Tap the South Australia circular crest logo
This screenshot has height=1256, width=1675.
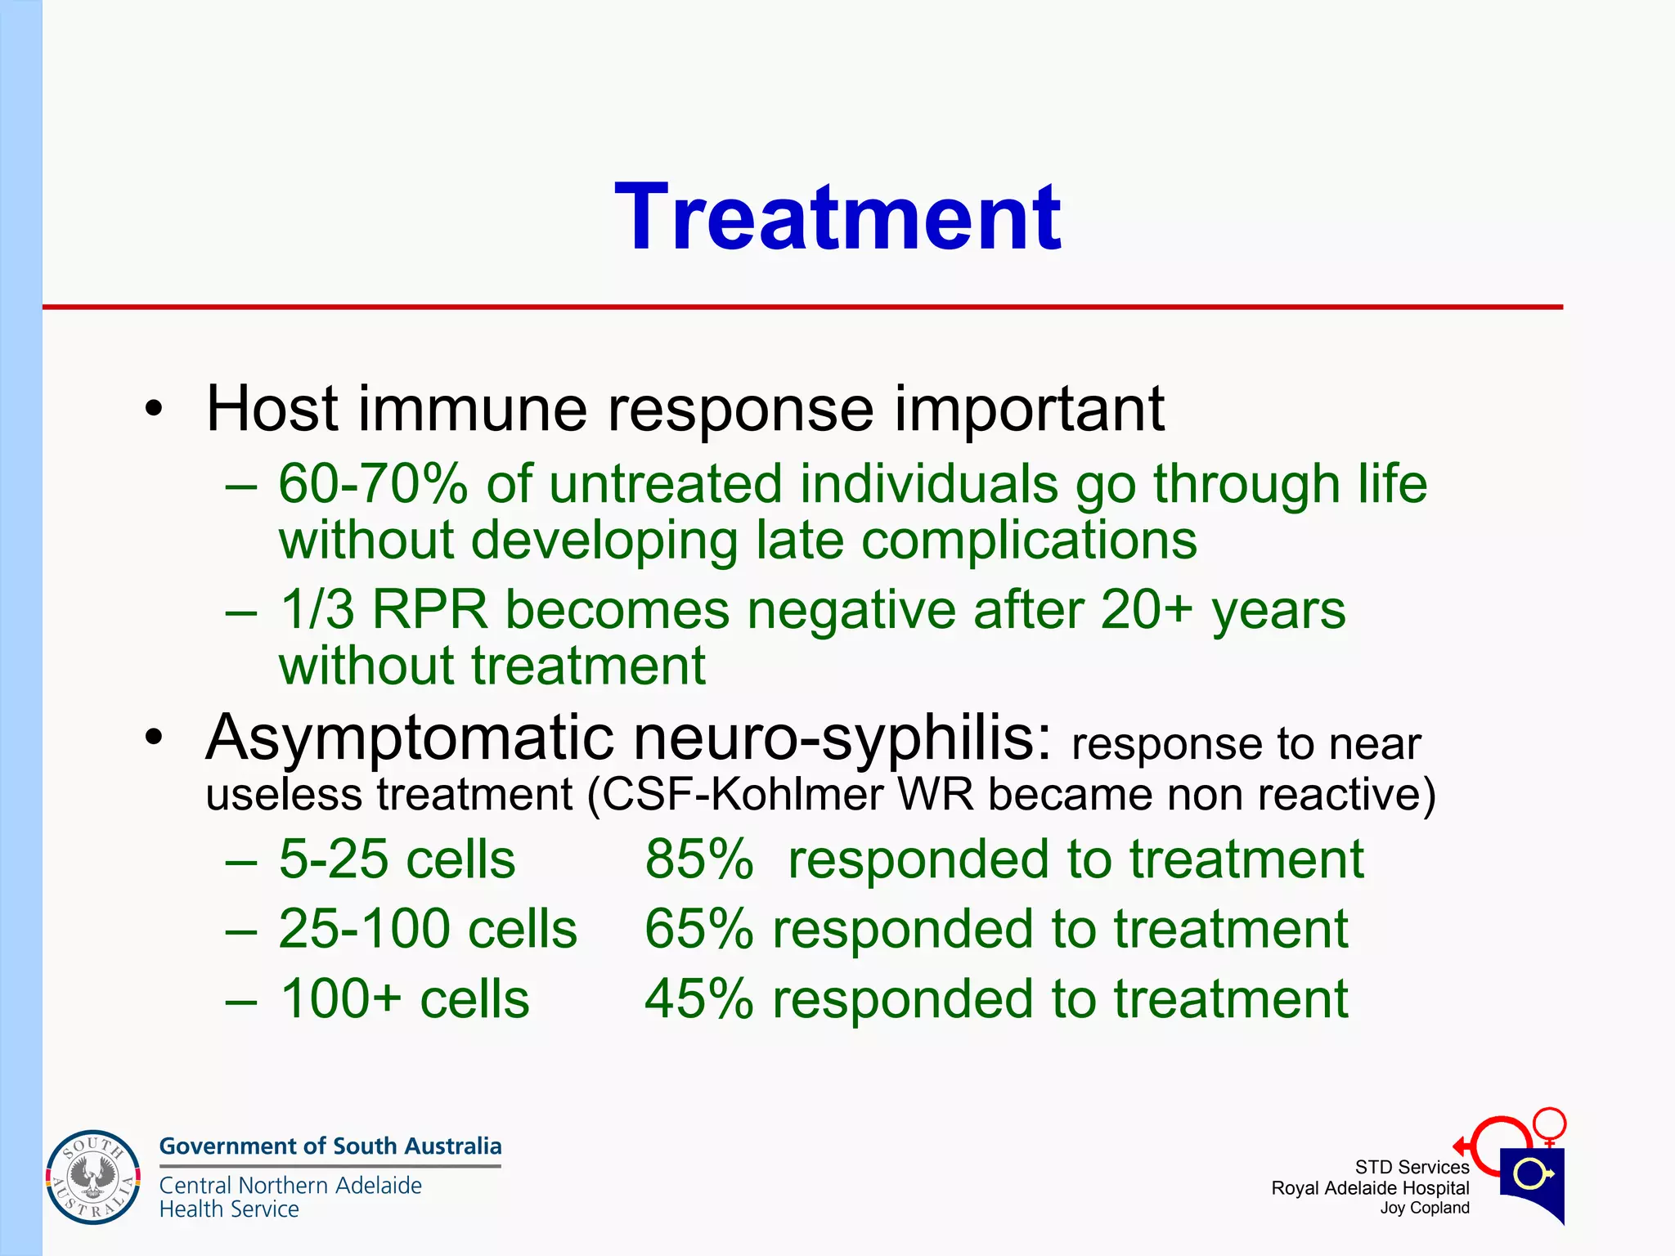[92, 1177]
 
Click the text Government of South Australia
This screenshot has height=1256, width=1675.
[330, 1146]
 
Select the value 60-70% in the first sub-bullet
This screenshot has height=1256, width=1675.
[372, 483]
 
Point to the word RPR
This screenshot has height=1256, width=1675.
[429, 610]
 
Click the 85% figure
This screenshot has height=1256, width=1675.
[698, 859]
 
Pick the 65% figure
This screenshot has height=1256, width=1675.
[698, 929]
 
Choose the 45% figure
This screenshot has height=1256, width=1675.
[698, 999]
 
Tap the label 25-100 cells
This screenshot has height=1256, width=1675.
[427, 929]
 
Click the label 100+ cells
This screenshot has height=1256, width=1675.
[404, 999]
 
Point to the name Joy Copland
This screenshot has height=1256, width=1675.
[1424, 1209]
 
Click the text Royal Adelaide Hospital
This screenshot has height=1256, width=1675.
[1370, 1188]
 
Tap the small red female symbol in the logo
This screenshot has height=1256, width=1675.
[1549, 1124]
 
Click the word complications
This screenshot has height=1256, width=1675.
[1029, 541]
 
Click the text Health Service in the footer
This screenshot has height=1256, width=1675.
[229, 1209]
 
